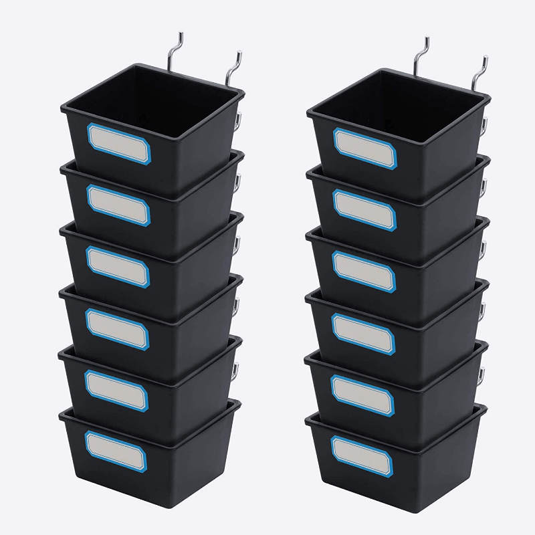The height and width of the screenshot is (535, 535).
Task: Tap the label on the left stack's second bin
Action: [x=118, y=204]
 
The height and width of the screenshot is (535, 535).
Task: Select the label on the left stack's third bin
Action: [x=118, y=265]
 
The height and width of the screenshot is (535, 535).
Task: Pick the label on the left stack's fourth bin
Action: [x=117, y=327]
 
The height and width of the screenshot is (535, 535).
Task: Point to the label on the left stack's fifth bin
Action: [x=116, y=389]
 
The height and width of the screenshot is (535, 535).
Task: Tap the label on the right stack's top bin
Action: [x=365, y=150]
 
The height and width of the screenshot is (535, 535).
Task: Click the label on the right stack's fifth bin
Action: [x=362, y=393]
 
